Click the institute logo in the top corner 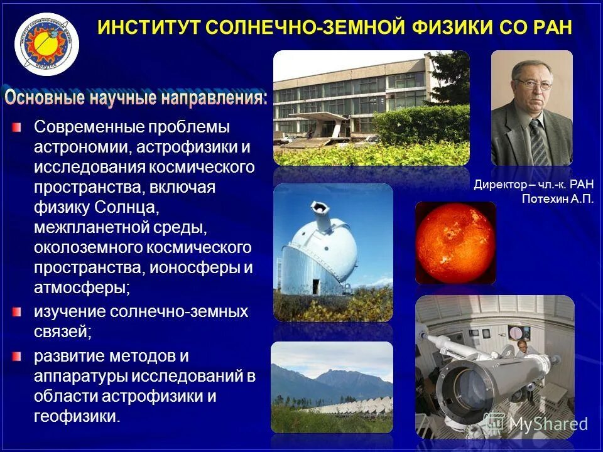coord(46,44)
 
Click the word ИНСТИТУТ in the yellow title coord(148,28)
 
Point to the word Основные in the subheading coord(44,98)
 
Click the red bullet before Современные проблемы coord(16,127)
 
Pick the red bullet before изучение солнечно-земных coord(16,312)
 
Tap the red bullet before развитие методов coord(16,357)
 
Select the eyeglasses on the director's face coord(535,84)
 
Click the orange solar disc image coord(456,244)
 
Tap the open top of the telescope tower coord(320,208)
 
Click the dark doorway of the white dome coord(316,287)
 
